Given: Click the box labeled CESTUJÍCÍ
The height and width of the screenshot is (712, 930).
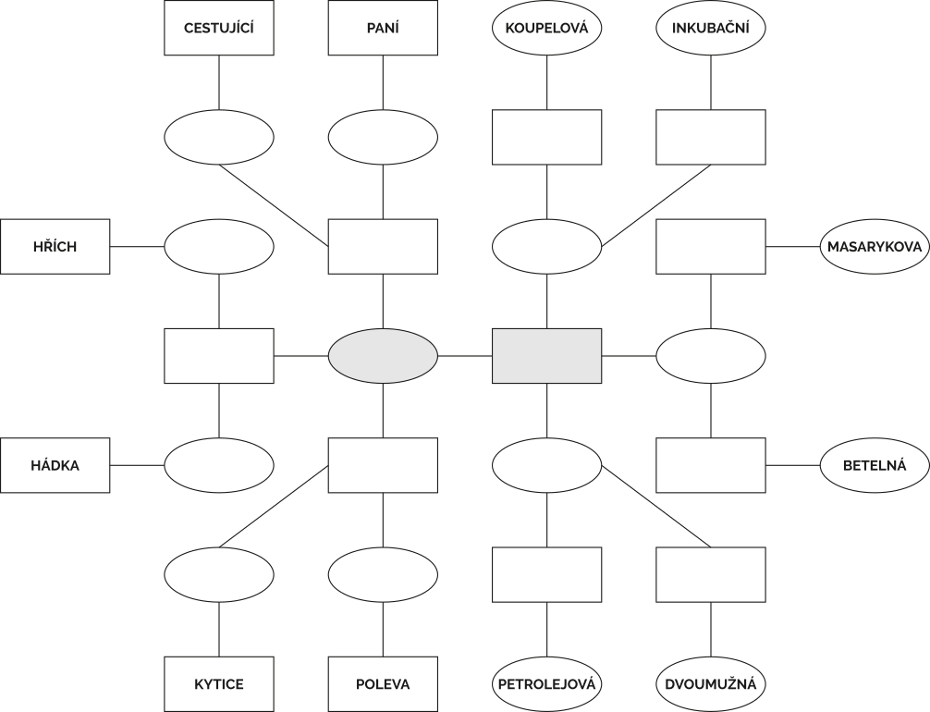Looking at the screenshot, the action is click(219, 28).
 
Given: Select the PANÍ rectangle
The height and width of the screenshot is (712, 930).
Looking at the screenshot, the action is click(383, 28).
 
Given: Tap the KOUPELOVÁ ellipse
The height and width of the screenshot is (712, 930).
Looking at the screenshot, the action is click(547, 28).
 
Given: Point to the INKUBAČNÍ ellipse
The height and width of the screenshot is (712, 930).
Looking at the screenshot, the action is click(711, 28).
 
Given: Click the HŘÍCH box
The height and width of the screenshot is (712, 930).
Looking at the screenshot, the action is click(55, 247).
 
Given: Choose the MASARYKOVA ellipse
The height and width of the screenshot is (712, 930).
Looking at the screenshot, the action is click(875, 247).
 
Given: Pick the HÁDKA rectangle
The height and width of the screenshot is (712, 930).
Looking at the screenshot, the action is click(55, 465).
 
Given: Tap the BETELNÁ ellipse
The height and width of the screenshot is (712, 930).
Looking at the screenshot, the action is click(875, 465).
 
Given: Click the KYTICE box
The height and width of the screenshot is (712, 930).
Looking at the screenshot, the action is click(219, 684).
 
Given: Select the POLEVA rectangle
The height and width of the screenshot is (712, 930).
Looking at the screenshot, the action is click(383, 684).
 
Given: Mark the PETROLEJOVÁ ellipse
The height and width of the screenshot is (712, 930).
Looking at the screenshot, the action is click(547, 684).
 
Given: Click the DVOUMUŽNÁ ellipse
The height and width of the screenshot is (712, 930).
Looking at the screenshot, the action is click(711, 684).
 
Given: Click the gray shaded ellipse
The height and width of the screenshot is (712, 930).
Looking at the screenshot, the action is click(383, 356).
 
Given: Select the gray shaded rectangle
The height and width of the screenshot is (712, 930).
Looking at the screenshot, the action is click(547, 356).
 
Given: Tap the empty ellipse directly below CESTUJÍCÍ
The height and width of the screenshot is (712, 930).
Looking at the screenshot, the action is click(219, 137).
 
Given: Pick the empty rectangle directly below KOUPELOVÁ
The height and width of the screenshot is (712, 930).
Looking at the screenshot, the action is click(547, 137).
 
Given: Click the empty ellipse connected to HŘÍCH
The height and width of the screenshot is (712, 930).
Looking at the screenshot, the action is click(219, 247).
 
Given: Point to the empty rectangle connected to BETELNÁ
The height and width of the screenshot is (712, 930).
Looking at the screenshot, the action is click(711, 465).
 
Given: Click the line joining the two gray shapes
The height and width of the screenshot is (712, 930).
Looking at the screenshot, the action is click(465, 356).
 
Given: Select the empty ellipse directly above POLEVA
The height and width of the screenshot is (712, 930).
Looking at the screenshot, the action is click(383, 574).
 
